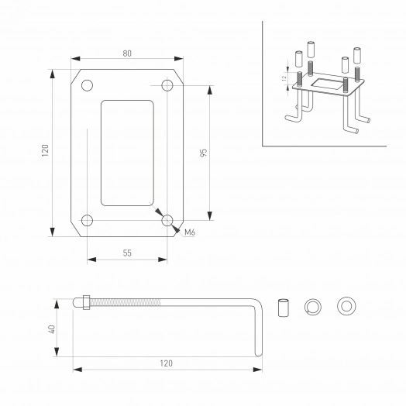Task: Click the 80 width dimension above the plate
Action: [127, 53]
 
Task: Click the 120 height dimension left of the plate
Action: [45, 151]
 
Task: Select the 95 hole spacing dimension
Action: [202, 152]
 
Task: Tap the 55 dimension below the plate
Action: [127, 253]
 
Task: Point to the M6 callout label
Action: [189, 231]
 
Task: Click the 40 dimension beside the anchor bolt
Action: [50, 329]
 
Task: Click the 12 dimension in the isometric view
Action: [284, 78]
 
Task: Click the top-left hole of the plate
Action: [87, 84]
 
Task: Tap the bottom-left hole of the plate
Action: [87, 221]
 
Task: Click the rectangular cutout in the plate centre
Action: [127, 152]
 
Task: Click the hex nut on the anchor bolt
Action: [84, 304]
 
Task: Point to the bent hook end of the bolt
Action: [258, 325]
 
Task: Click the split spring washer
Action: [313, 306]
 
